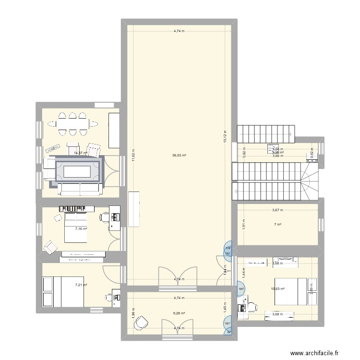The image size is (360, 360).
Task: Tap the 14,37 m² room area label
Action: point(80,153)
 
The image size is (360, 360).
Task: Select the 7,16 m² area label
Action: point(81,229)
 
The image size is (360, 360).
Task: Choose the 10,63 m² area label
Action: point(278,289)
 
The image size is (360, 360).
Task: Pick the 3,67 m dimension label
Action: point(277,209)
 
